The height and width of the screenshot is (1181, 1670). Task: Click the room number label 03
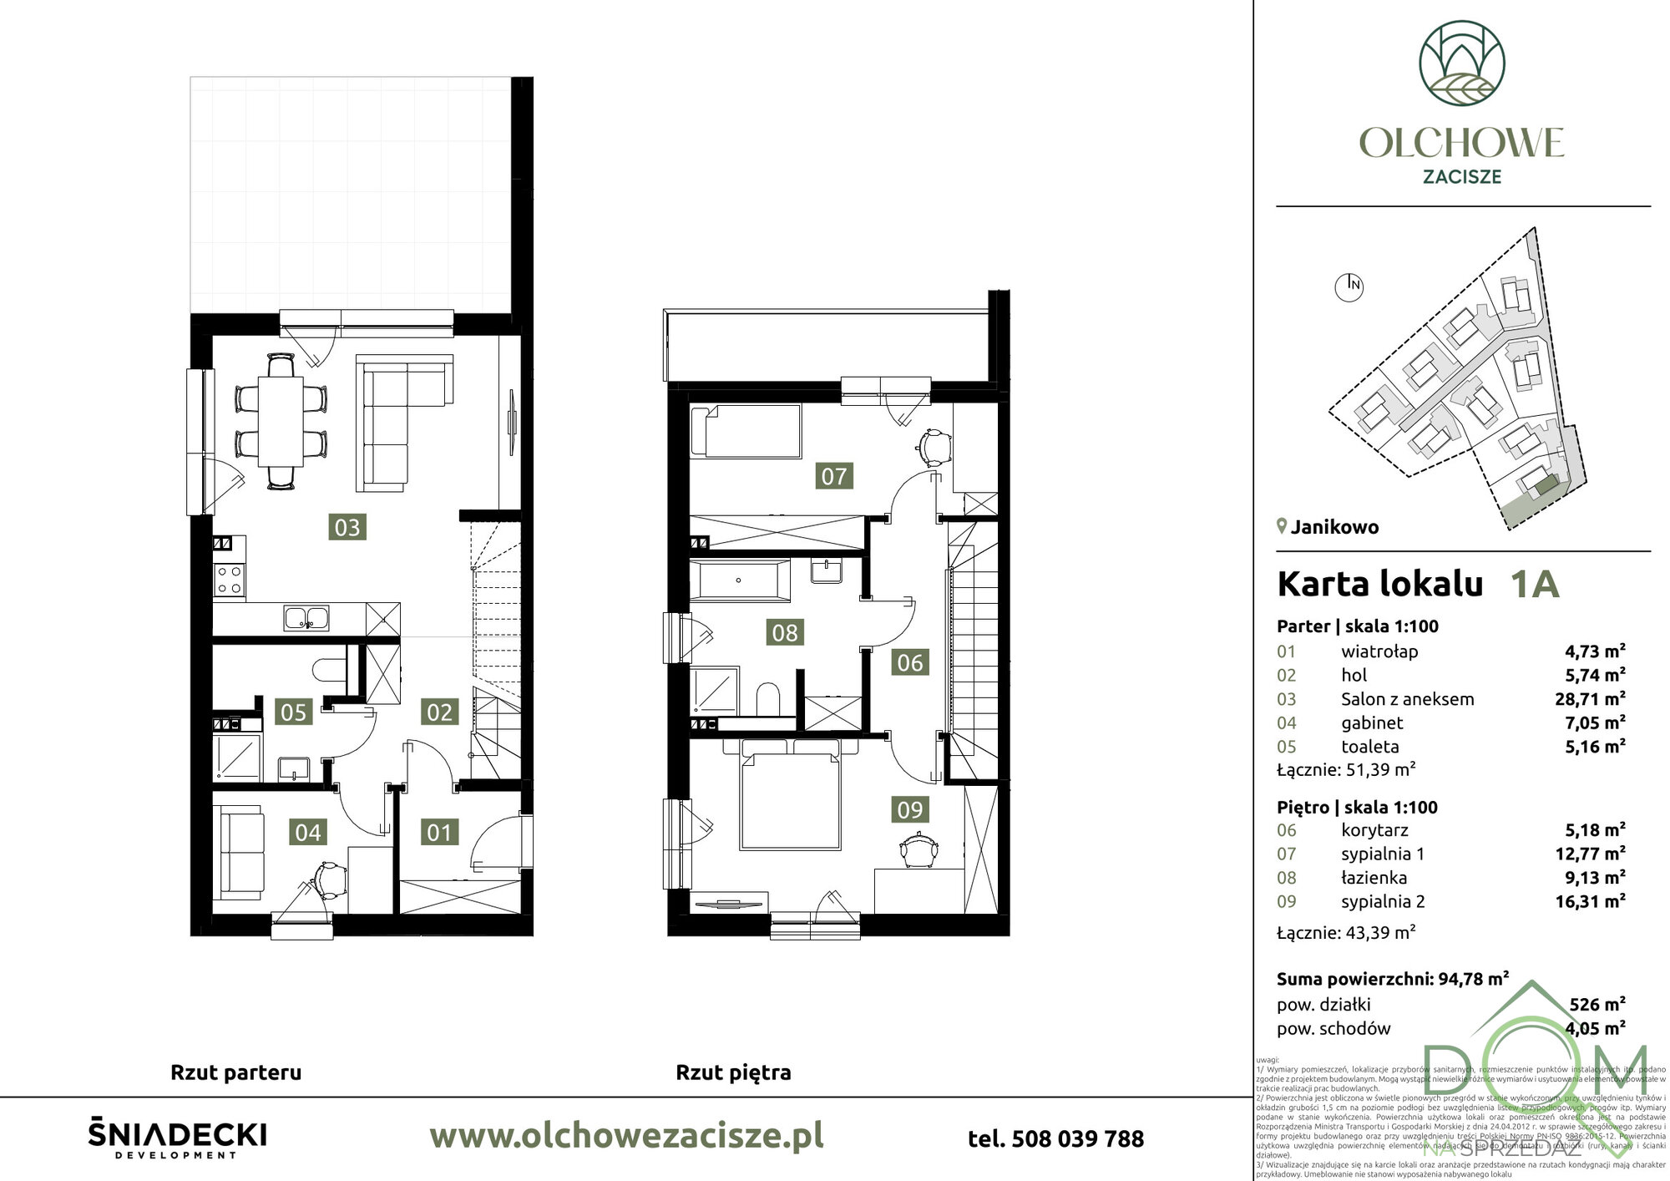347,527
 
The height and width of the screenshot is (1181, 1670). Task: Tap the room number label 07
833,476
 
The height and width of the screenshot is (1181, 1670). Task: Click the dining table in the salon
281,422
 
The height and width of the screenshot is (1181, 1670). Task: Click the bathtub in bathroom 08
739,580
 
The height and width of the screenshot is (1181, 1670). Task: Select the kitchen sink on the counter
306,618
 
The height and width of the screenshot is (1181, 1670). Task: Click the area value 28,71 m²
1590,699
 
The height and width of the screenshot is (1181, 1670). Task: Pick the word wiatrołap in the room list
1379,651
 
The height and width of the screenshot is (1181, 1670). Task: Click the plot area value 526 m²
1597,1004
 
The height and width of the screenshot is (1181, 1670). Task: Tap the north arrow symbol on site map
1349,286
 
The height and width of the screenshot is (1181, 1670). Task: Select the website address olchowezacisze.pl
625,1136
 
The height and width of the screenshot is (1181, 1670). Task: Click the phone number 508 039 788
1055,1138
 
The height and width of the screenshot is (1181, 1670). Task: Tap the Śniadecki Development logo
177,1138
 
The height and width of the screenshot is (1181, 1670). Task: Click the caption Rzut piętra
732,1072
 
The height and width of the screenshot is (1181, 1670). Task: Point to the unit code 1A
1534,585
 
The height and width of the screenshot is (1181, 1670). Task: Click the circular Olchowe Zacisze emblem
1462,63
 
